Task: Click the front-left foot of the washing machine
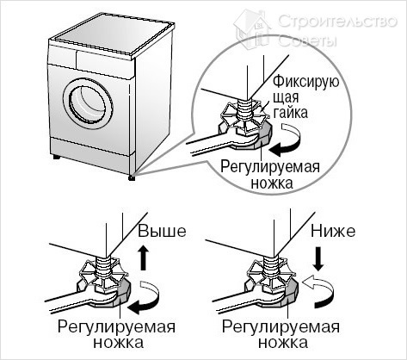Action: tap(57, 161)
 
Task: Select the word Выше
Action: tap(161, 233)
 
